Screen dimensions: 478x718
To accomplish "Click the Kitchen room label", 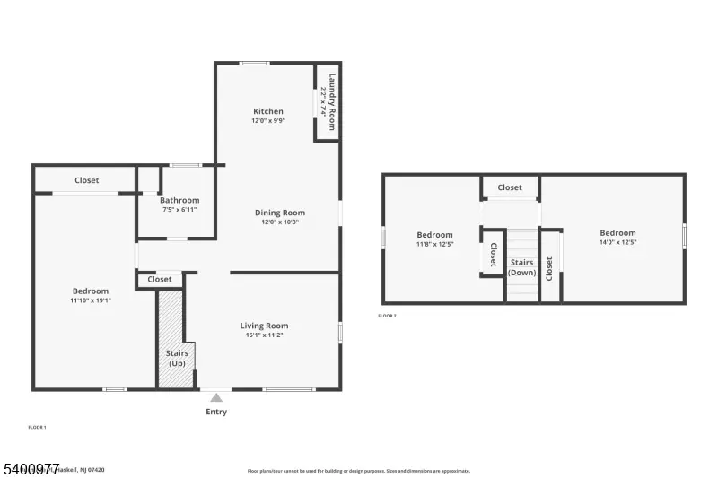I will click(x=267, y=111).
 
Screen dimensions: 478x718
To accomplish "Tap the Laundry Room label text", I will click(x=332, y=101).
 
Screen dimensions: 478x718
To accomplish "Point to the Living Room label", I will click(x=264, y=326).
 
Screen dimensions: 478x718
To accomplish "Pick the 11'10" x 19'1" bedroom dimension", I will click(x=91, y=301).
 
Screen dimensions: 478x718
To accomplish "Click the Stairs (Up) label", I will click(x=177, y=359).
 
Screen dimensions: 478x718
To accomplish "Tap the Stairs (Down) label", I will click(x=522, y=267).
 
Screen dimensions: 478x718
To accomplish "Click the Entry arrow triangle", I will click(x=215, y=397).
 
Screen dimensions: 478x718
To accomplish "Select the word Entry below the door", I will click(x=216, y=413).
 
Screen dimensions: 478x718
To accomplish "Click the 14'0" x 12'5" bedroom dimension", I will click(x=617, y=243).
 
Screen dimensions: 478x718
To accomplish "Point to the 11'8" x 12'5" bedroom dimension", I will click(x=434, y=243).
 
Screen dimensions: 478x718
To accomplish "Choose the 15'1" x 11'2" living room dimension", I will click(x=264, y=335).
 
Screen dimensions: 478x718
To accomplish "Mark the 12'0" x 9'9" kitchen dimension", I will click(x=267, y=121).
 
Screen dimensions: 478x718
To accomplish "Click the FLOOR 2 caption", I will click(x=387, y=316).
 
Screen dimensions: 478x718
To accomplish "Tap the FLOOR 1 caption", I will click(x=38, y=427).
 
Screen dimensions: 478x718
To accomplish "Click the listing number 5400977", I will click(x=31, y=468).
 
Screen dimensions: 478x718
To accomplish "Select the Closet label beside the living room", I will click(x=160, y=280).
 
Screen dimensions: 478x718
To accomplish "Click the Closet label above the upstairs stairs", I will click(x=510, y=187).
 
